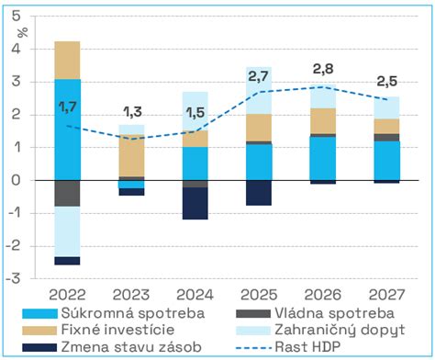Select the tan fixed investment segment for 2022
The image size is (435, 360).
[x=66, y=61]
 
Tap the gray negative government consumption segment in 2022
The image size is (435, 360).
[x=66, y=193]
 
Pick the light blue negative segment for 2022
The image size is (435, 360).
[x=66, y=231]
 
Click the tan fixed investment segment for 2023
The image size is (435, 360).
[x=131, y=155]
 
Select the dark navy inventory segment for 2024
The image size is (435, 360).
[x=195, y=203]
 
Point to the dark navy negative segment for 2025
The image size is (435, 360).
[x=259, y=192]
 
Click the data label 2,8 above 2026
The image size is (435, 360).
[x=323, y=69]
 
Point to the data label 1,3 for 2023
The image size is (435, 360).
[x=131, y=112]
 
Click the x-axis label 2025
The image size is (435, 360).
[x=259, y=295]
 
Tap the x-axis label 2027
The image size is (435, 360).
[x=386, y=295]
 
